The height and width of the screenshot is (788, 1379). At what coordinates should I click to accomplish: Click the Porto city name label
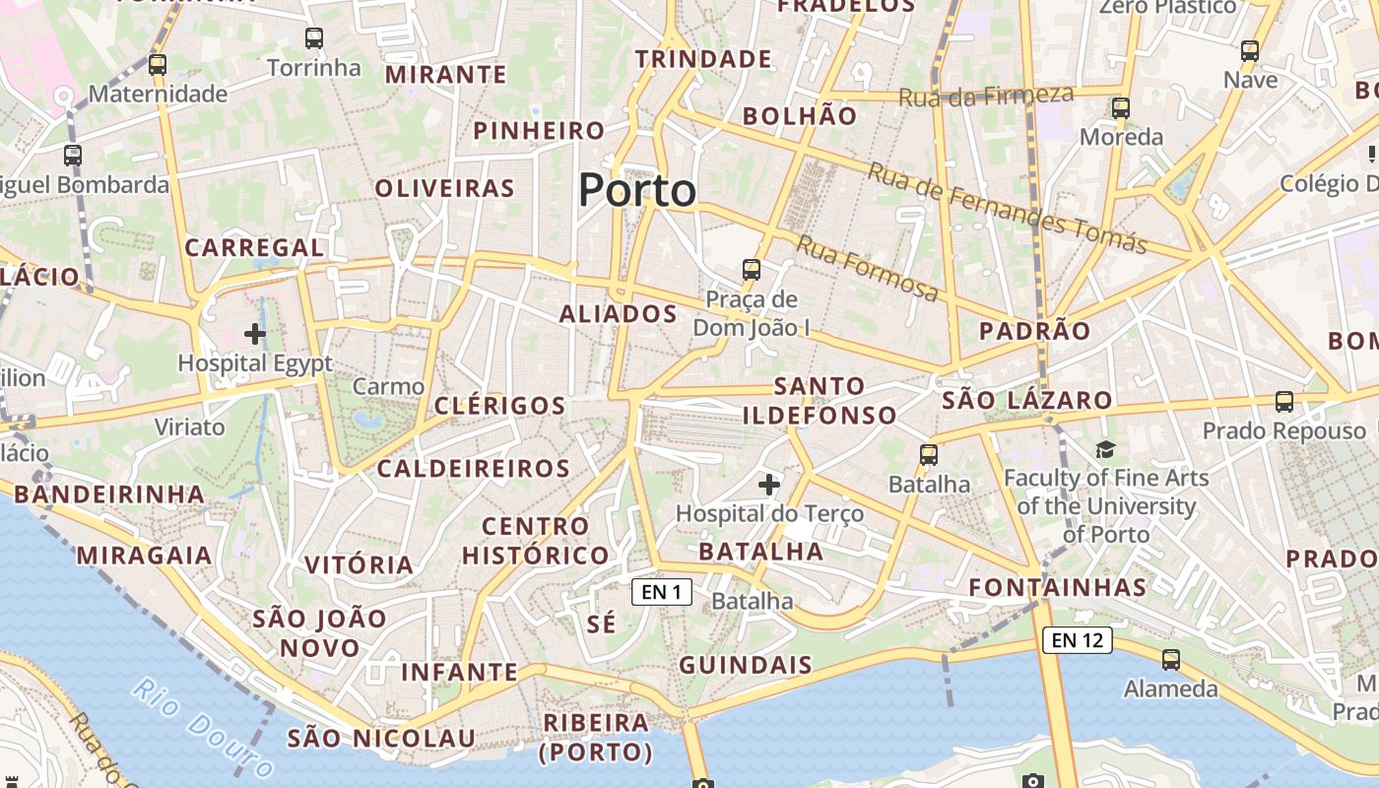[x=637, y=190]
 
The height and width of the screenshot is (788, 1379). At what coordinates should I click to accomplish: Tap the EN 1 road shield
[x=662, y=592]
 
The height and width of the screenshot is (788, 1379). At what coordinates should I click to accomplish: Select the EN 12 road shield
[x=1078, y=640]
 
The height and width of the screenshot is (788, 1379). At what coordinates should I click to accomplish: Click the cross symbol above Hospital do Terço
[x=769, y=484]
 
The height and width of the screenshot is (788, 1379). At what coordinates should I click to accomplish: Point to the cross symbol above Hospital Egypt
[x=255, y=334]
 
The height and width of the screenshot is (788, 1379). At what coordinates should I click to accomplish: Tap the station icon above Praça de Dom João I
[x=752, y=269]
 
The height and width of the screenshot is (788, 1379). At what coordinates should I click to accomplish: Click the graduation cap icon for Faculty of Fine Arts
[x=1105, y=450]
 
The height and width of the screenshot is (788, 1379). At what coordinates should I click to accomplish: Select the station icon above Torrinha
[x=314, y=39]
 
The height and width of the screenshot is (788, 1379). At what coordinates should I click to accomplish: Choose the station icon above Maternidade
[x=158, y=65]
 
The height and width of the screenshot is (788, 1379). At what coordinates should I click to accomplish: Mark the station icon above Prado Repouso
[x=1284, y=402]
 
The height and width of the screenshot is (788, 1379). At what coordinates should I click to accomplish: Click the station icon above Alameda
[x=1171, y=660]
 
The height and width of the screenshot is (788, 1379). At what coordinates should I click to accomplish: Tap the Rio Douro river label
[x=203, y=726]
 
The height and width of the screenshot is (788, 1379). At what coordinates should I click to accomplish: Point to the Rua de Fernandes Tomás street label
[x=1007, y=207]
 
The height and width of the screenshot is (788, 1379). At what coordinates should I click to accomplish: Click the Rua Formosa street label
[x=867, y=268]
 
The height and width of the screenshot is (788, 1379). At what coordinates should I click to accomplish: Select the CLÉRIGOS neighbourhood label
[x=500, y=406]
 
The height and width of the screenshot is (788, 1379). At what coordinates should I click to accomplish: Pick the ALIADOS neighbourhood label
[x=619, y=314]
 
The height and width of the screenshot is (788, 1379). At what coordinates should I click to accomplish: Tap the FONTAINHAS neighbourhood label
[x=1058, y=588]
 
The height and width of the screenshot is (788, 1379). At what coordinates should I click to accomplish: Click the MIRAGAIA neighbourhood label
[x=145, y=556]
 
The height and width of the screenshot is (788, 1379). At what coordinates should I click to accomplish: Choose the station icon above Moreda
[x=1120, y=108]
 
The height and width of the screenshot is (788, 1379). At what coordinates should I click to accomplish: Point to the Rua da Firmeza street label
[x=985, y=96]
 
